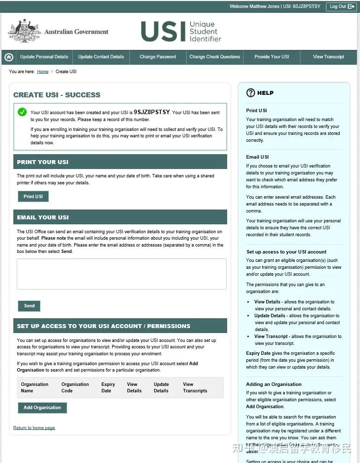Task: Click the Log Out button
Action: pos(341,6)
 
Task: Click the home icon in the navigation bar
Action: pos(8,57)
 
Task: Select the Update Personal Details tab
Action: pos(44,57)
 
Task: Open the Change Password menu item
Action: pos(158,57)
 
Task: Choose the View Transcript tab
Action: pos(328,57)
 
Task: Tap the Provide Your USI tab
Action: pos(272,57)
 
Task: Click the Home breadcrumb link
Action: pos(42,72)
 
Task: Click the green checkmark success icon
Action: pos(22,112)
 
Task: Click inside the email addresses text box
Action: pos(121,274)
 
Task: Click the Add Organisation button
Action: pos(42,408)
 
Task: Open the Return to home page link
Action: pos(34,428)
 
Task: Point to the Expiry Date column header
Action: pos(108,387)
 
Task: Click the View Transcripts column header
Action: pos(195,387)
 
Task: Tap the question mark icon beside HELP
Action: pos(250,92)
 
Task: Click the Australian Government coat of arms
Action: pos(24,31)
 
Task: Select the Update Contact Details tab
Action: pos(101,57)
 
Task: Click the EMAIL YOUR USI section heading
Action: pos(43,217)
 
